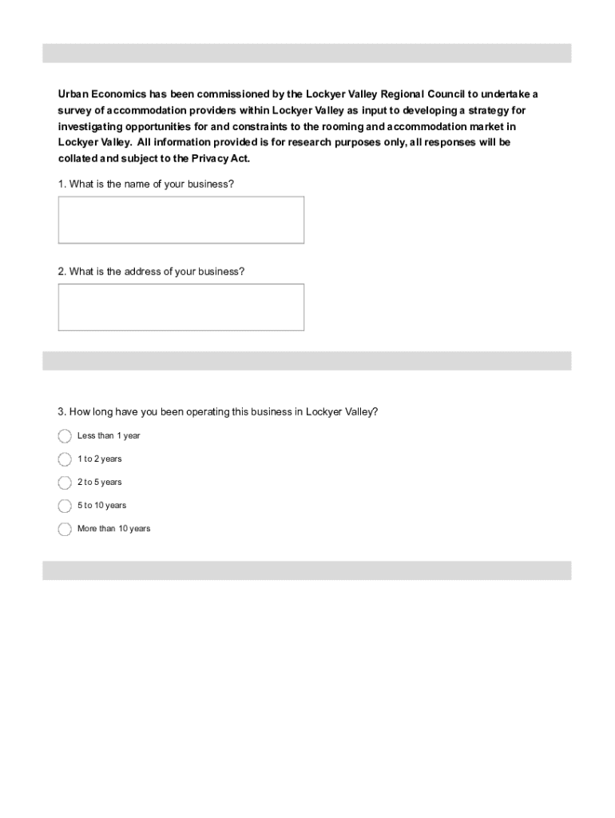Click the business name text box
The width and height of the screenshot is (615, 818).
tap(181, 220)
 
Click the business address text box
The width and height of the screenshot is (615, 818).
tap(181, 307)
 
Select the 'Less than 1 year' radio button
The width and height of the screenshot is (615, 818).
tap(65, 436)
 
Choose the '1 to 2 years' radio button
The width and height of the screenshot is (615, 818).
tap(65, 459)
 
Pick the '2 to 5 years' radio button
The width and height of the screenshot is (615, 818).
tap(65, 482)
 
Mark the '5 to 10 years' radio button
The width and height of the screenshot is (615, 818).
tap(65, 506)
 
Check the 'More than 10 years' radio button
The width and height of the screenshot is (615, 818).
tap(65, 529)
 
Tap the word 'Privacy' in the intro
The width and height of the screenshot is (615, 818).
tap(210, 158)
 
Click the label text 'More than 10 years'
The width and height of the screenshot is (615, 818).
tap(113, 529)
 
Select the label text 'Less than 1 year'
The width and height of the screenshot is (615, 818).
tap(109, 436)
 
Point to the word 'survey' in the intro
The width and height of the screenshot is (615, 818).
tap(73, 110)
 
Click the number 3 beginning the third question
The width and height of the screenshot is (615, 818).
tap(61, 412)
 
